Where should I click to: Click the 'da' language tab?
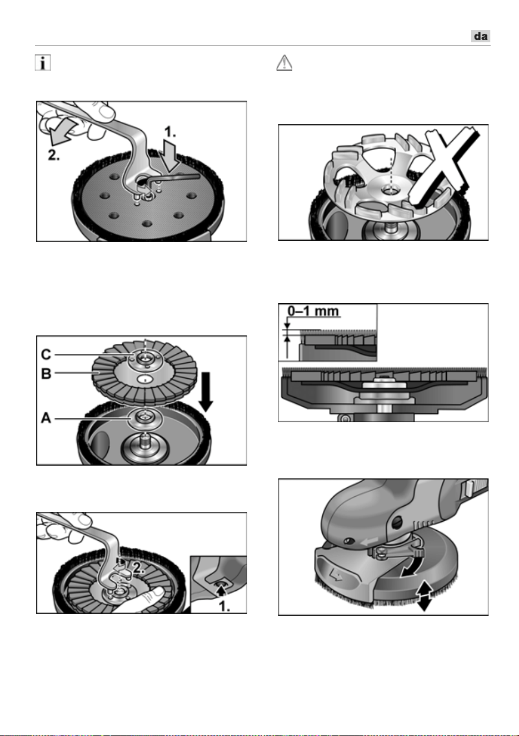(x=480, y=36)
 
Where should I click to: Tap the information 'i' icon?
(x=43, y=62)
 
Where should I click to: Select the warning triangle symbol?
(x=285, y=62)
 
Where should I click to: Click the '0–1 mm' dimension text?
(x=313, y=311)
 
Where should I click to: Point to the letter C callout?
(x=46, y=354)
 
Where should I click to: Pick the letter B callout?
(x=46, y=374)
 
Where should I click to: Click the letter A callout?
(x=46, y=418)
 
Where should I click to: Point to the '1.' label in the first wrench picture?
(x=169, y=132)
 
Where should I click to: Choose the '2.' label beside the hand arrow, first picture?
(x=54, y=155)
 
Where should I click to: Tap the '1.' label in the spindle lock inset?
(x=224, y=606)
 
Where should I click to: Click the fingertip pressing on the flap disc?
(x=158, y=592)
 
